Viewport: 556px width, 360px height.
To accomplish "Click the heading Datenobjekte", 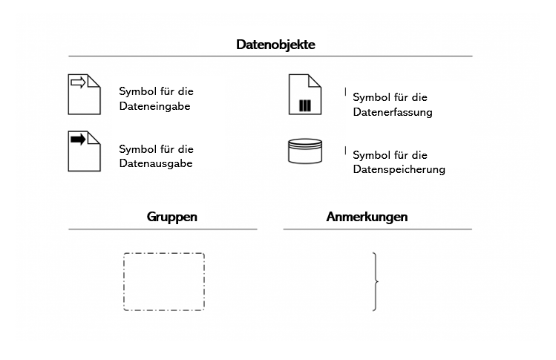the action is [x=275, y=45].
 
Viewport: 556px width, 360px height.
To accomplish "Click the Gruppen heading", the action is [x=172, y=217].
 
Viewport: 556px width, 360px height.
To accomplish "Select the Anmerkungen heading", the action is [x=367, y=217].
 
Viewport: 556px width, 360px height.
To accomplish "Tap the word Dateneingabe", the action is [x=154, y=106].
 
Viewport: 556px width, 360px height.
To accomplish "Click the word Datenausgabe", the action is [x=156, y=163].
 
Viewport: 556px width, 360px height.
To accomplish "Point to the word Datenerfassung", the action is [x=393, y=112].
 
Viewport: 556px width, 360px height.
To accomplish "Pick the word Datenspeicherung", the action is [x=399, y=169].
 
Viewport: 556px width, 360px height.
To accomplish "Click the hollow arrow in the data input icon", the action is [x=78, y=82].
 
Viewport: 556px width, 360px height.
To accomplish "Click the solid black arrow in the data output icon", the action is [x=78, y=140].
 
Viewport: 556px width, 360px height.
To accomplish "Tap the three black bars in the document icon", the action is [x=305, y=105].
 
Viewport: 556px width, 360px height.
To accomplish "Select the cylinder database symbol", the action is [x=305, y=151].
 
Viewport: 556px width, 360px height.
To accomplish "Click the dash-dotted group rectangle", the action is [x=164, y=281].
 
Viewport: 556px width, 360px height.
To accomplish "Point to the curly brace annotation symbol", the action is [x=375, y=281].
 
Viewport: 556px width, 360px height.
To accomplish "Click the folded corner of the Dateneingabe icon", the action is [x=94, y=80].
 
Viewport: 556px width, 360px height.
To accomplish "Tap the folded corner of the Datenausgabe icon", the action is [x=94, y=137].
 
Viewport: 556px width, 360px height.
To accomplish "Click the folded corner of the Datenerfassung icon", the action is [x=315, y=80].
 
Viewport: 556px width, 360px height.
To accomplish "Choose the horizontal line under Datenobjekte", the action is [x=270, y=56].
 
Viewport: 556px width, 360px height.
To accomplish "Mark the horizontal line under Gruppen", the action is [x=163, y=229].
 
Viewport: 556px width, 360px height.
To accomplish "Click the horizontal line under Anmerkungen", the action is [x=378, y=229].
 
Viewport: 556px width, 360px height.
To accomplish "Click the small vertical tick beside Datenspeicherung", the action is [x=345, y=151].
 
